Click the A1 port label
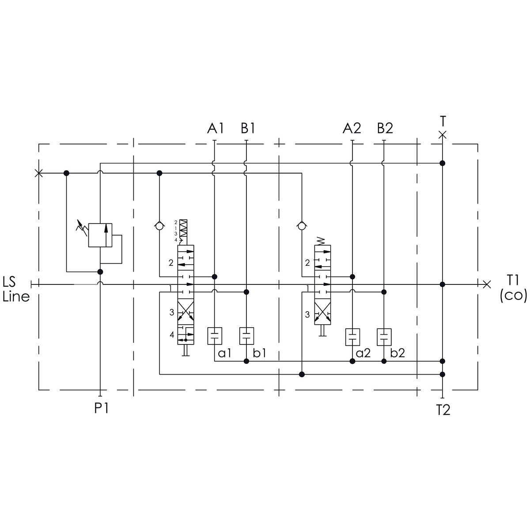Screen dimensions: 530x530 [216, 128]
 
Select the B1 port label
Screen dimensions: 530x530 [248, 128]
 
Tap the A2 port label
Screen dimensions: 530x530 [352, 128]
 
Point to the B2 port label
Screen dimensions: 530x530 [385, 128]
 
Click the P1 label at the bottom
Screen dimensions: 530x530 [101, 408]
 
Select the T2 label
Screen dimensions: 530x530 [443, 410]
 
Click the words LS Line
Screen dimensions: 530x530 [16, 289]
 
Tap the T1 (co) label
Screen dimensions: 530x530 [513, 288]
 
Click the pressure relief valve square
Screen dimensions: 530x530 [100, 235]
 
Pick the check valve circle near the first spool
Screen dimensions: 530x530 [159, 227]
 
